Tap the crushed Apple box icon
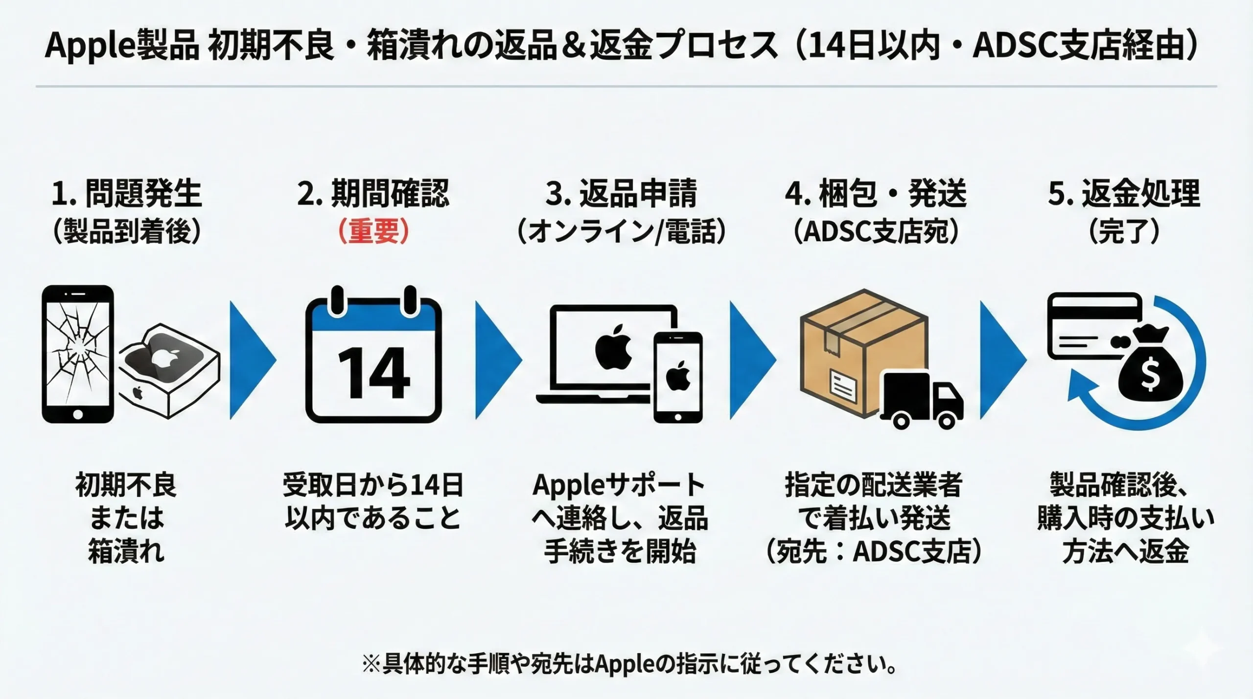click(169, 369)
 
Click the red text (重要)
click(373, 231)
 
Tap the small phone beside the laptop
click(678, 377)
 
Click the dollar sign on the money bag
click(1150, 377)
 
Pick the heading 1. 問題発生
click(126, 193)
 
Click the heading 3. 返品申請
click(621, 193)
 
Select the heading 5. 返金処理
click(1124, 193)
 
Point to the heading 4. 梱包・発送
click(876, 193)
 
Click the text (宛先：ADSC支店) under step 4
click(875, 552)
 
